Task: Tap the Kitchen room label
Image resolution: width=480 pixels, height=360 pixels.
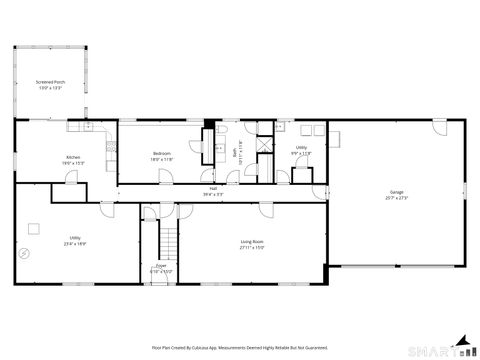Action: coord(73,157)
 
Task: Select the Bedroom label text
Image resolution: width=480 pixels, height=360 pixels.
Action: coord(162,154)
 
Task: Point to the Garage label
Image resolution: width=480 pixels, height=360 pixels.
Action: coord(397,192)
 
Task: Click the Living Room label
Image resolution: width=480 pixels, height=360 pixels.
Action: coord(251,241)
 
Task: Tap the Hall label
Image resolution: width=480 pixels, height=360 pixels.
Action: coord(213,188)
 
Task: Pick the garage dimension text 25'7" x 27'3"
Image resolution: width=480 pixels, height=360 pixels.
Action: coord(397,198)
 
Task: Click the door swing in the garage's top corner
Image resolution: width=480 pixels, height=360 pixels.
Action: coord(439,127)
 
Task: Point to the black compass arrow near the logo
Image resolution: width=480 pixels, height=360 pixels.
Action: coord(462,340)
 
